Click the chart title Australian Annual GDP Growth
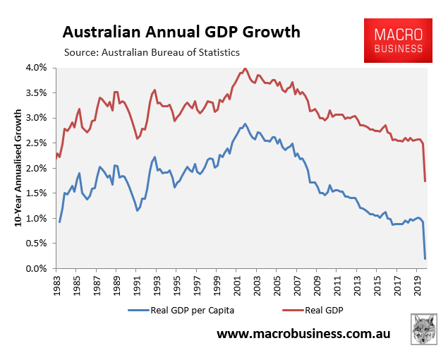click(x=181, y=32)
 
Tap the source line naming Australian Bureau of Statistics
click(x=152, y=52)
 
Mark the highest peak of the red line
click(x=245, y=68)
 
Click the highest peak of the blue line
click(x=245, y=124)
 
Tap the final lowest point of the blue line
click(x=425, y=258)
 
